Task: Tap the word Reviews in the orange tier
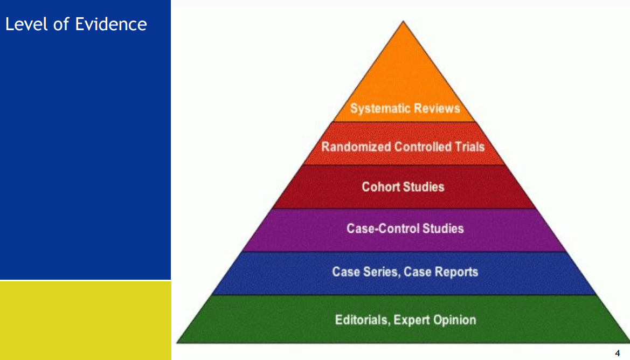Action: (x=436, y=108)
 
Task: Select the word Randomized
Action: (x=356, y=147)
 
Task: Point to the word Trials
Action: (x=470, y=147)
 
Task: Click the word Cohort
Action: (x=379, y=187)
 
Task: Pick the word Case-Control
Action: (x=383, y=228)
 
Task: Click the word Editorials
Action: (x=362, y=320)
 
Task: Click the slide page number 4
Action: (x=618, y=354)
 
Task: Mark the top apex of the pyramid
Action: (x=403, y=22)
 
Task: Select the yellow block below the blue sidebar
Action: (x=85, y=320)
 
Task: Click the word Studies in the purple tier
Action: (x=443, y=228)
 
